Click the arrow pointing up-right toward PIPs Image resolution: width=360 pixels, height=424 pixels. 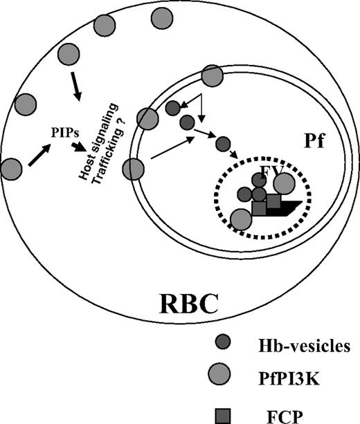[39, 154]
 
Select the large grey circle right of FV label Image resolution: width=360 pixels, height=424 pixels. [284, 183]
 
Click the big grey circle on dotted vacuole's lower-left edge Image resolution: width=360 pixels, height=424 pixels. [241, 219]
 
